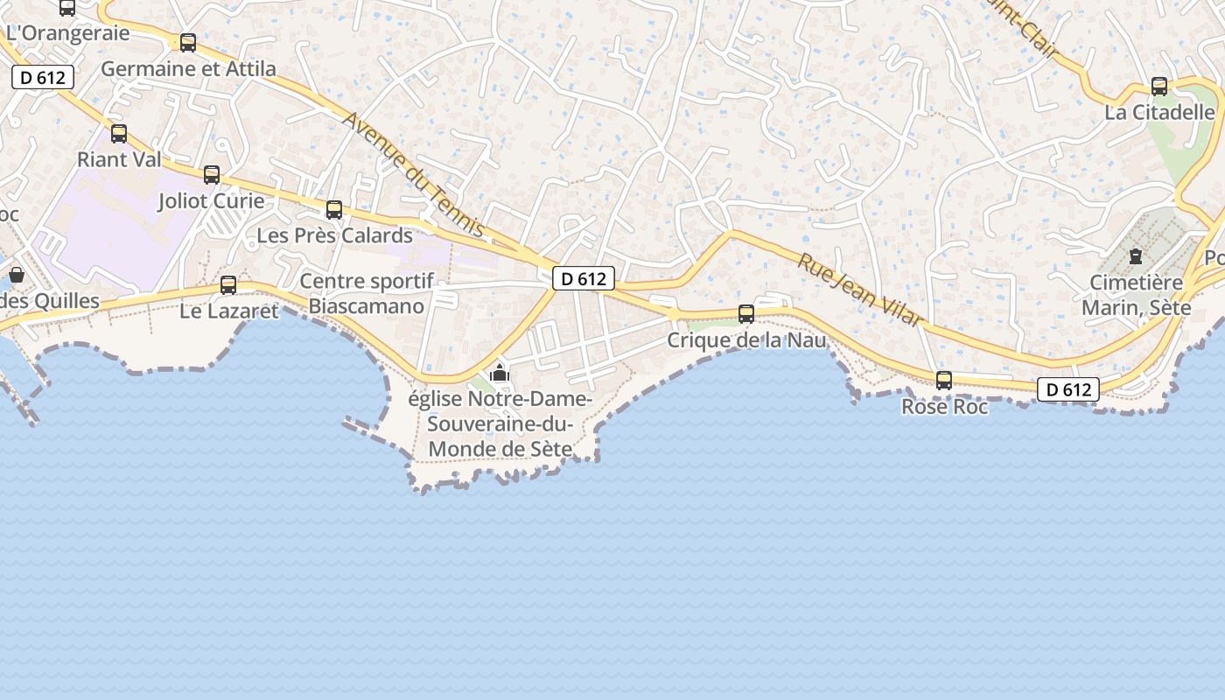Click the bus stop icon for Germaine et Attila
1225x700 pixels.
point(188,43)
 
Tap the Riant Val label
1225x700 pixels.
point(119,159)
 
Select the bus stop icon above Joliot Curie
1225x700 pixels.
point(212,175)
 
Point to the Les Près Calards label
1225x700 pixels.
point(334,235)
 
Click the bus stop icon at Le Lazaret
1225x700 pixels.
point(228,285)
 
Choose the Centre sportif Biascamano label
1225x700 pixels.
point(367,294)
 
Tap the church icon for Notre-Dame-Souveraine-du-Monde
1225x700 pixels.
point(500,373)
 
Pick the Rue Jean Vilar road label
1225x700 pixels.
point(859,290)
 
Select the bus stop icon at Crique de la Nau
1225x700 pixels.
point(746,314)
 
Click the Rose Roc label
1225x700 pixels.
point(945,407)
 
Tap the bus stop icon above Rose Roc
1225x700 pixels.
point(944,381)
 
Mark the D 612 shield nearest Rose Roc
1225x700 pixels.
point(1067,389)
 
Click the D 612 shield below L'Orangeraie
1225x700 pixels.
point(43,77)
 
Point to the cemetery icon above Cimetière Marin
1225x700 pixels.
point(1136,256)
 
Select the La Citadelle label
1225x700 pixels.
point(1159,112)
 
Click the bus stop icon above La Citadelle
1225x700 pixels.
point(1159,87)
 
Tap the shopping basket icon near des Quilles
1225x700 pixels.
point(16,275)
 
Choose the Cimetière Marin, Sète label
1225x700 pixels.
point(1136,295)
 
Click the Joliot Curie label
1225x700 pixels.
point(211,200)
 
